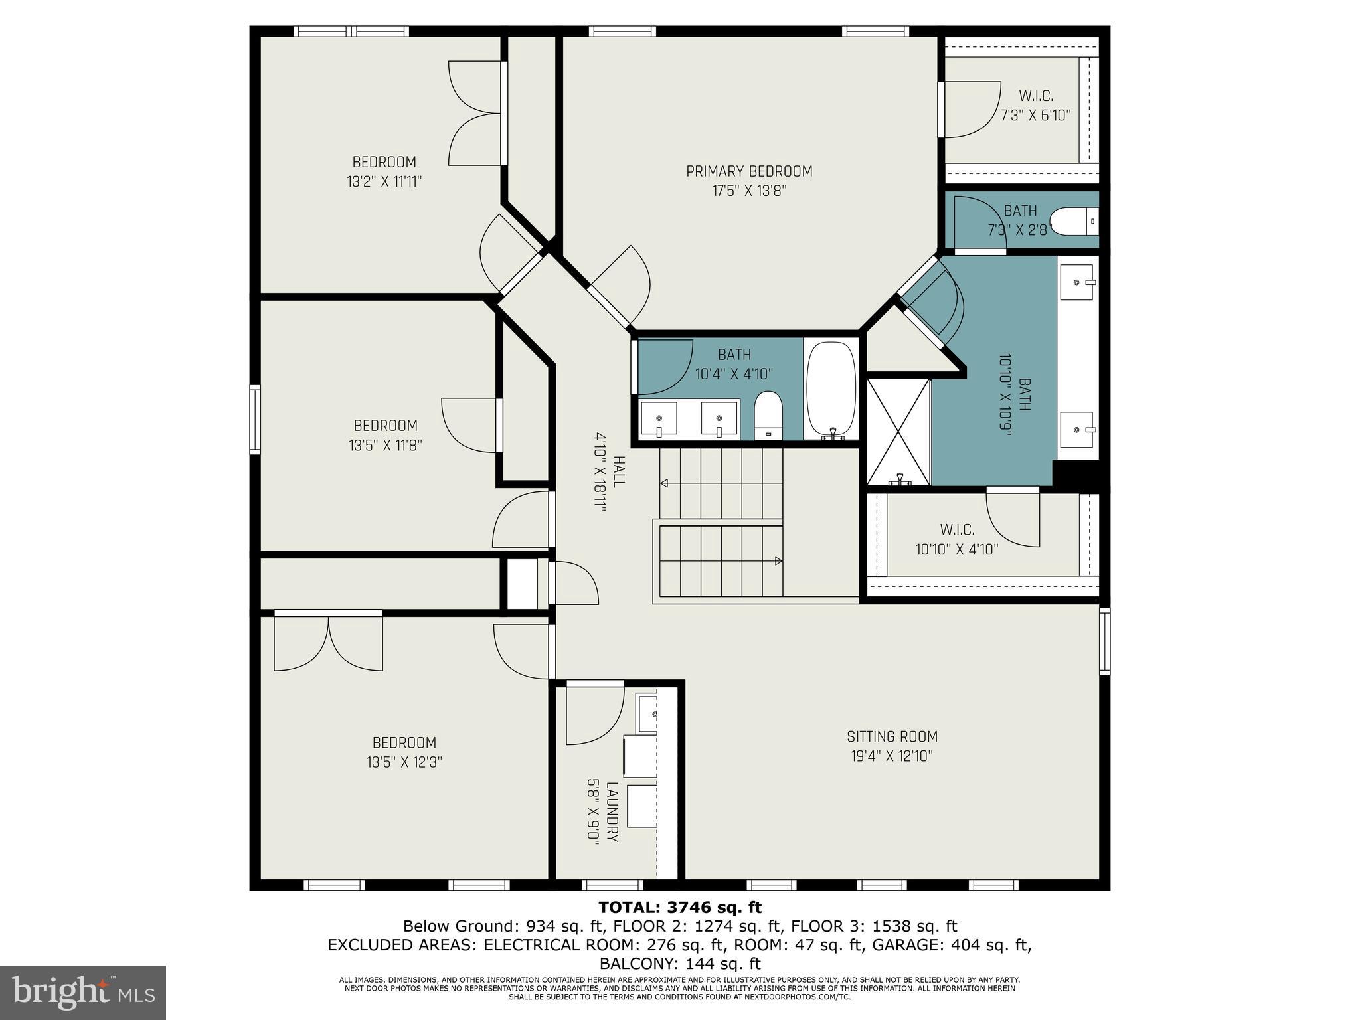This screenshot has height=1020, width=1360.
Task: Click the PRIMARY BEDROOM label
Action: coord(749,171)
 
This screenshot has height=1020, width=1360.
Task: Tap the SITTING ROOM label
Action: coord(892,736)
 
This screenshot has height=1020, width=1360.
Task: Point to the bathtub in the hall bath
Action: coord(831,390)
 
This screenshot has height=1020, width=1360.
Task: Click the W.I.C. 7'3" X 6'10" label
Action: coord(1036,106)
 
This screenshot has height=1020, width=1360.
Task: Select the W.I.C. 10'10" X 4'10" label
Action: coord(957,539)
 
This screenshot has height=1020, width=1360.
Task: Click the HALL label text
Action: coord(618,471)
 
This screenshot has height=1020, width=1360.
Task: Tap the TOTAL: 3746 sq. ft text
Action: coord(680,907)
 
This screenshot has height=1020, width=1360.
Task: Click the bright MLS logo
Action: coord(82,992)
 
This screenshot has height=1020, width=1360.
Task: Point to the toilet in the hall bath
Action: coord(769,415)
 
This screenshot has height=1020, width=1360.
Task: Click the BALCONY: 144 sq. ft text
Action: coord(680,964)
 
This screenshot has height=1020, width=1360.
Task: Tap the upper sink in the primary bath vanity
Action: coord(1076,282)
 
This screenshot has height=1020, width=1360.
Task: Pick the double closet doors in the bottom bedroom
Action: coord(329,641)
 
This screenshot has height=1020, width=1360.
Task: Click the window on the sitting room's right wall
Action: coord(1104,641)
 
